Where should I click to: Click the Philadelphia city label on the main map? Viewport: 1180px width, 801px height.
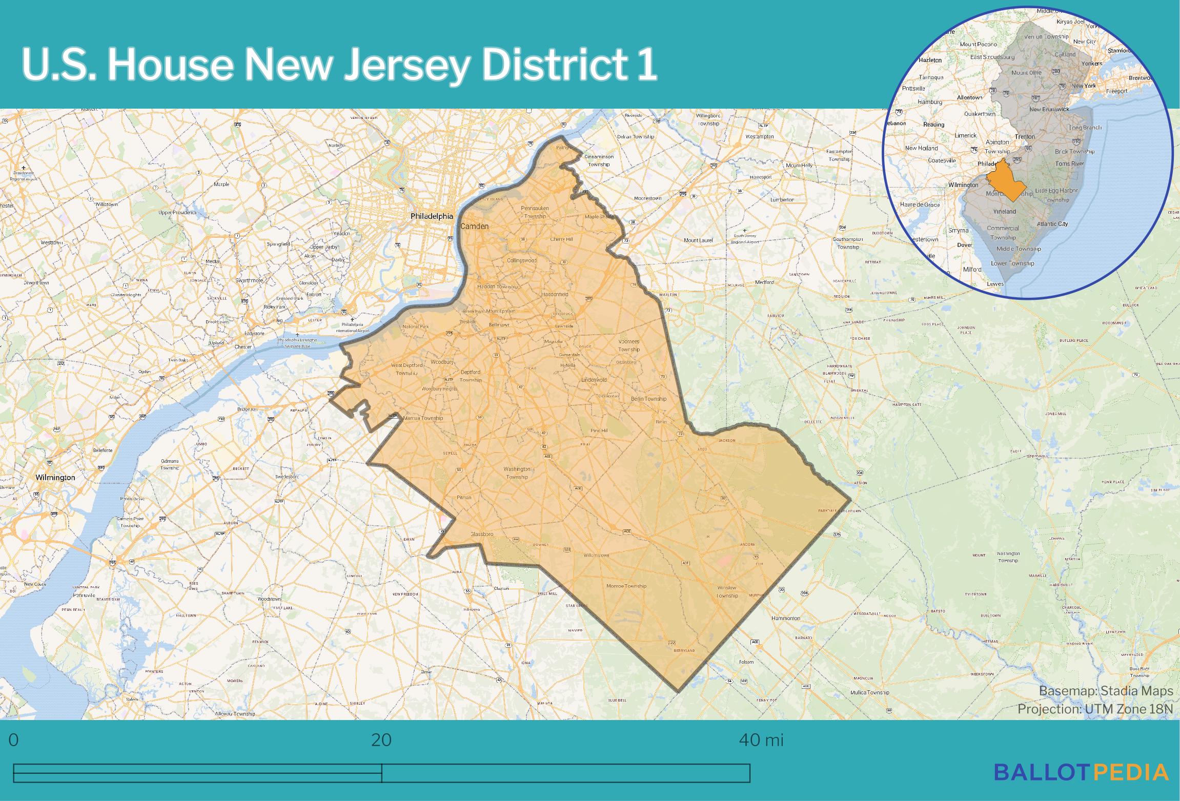[432, 216]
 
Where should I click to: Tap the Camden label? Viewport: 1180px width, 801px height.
[474, 226]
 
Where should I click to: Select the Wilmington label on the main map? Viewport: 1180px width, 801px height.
[55, 477]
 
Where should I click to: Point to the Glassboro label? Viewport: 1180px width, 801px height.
[481, 534]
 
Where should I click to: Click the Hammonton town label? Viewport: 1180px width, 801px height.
[786, 618]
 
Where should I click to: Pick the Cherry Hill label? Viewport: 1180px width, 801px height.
[561, 239]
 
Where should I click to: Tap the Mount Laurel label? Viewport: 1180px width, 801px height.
[698, 240]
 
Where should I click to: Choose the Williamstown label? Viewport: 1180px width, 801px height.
[596, 555]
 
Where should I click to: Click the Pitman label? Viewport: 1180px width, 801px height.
[463, 497]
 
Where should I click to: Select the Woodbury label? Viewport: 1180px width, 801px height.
[442, 362]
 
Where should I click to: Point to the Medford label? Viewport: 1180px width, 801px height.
[764, 282]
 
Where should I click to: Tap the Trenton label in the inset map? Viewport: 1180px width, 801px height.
[1025, 137]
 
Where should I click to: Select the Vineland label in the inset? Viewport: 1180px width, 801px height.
[1004, 211]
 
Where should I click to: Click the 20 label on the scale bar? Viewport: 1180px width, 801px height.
[381, 740]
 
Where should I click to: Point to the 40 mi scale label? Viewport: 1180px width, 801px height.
[761, 740]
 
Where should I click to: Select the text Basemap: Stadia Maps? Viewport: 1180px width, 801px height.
[1106, 691]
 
